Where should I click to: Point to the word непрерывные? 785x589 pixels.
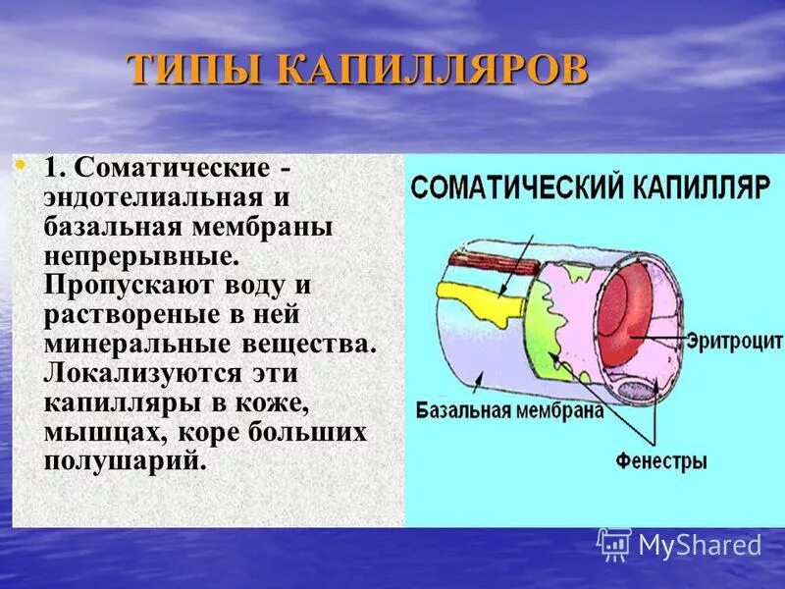point(141,256)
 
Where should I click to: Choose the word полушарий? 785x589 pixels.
point(124,462)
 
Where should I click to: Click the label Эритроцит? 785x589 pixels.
point(734,341)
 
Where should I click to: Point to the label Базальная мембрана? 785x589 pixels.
point(508,410)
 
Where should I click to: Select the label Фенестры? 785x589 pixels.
point(660,460)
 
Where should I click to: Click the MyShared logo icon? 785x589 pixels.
point(613,544)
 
